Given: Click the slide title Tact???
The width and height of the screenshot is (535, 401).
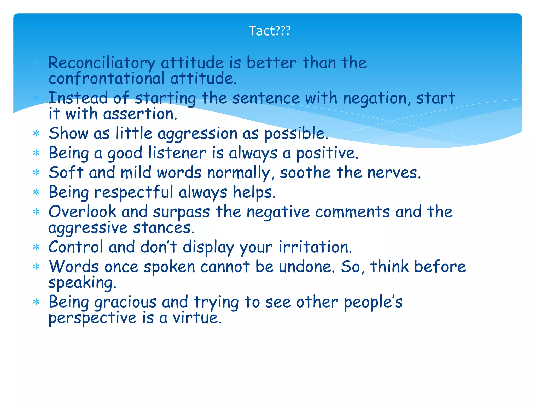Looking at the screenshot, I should click(269, 31).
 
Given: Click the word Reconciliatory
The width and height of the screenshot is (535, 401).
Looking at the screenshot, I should click(102, 63).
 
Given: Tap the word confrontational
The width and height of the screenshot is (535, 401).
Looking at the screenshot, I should click(107, 78).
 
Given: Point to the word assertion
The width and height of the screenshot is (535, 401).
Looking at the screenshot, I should click(140, 114).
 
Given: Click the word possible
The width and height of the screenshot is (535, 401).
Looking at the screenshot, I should click(296, 134).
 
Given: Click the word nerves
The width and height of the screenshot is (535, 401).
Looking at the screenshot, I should click(394, 173).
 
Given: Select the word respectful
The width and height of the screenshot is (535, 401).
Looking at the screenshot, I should click(133, 192).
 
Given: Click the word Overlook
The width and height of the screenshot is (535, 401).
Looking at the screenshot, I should click(82, 211).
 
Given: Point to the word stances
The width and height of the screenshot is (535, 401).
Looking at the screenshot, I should click(164, 227).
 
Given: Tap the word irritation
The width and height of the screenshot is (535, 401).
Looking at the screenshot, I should click(315, 247).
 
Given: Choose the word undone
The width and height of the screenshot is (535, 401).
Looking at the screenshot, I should click(307, 267).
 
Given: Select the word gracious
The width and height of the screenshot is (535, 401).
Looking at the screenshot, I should click(125, 302).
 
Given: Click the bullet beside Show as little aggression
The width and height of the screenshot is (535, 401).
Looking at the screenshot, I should click(36, 134).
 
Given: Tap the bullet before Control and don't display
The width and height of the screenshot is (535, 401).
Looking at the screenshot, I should click(36, 247).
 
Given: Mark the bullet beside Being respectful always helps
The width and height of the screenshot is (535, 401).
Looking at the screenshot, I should click(36, 192).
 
